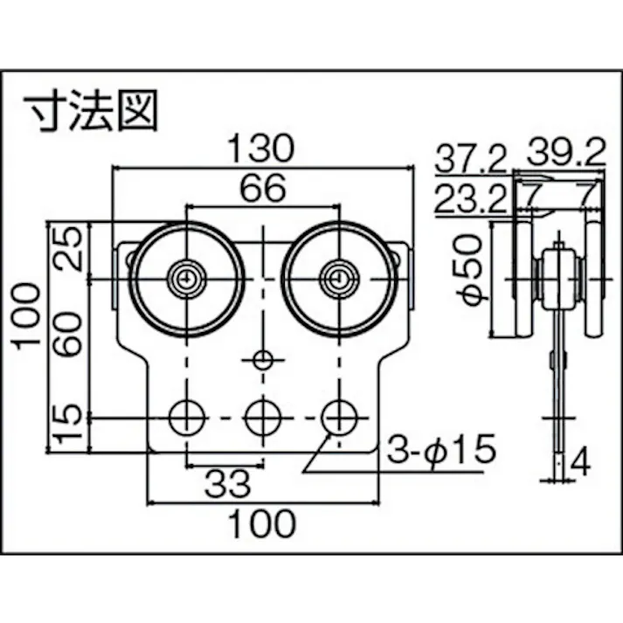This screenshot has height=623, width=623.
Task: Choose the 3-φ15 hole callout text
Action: tap(440, 451)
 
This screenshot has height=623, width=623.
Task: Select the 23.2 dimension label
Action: tap(470, 200)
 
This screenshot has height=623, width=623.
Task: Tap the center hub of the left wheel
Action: tap(185, 279)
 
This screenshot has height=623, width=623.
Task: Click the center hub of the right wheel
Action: tap(337, 279)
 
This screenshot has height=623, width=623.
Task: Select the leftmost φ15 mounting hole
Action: tap(185, 419)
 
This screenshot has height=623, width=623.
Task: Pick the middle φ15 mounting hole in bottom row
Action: tap(261, 419)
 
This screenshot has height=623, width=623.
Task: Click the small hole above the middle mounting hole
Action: tap(261, 358)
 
